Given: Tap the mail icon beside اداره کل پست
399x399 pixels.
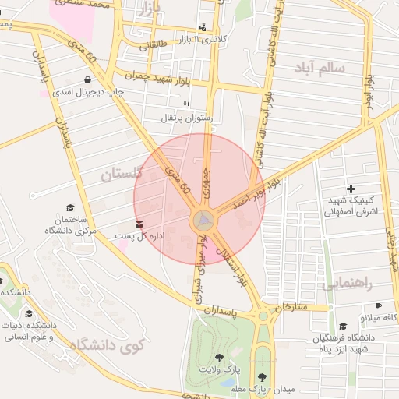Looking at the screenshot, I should (x=139, y=224).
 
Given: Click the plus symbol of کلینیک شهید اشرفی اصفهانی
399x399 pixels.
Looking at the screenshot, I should (x=351, y=188).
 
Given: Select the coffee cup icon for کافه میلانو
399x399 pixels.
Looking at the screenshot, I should (x=378, y=306).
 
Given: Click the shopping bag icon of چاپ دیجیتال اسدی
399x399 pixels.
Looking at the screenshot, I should (x=87, y=79).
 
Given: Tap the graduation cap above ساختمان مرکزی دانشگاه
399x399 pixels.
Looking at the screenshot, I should (x=70, y=208).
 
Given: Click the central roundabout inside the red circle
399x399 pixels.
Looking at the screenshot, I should (x=203, y=221).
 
